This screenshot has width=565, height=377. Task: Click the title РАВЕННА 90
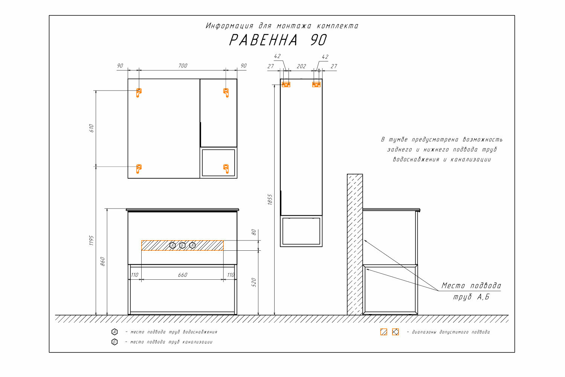(278, 40)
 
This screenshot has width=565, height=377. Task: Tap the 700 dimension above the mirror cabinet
(183, 66)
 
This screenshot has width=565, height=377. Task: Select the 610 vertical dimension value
(92, 128)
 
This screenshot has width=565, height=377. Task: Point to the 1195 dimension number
(91, 241)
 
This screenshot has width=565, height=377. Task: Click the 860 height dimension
(102, 261)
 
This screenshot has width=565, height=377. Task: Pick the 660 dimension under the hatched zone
(183, 275)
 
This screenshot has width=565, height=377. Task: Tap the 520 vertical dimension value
(254, 282)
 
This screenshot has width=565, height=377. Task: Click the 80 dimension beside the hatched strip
(254, 232)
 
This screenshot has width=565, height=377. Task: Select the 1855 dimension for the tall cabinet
(270, 199)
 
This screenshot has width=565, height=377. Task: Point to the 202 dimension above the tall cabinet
(301, 66)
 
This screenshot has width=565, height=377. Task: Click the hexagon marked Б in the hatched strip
(182, 245)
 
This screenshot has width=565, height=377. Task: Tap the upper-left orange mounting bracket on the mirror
(139, 93)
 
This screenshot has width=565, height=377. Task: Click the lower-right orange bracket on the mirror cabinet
(226, 169)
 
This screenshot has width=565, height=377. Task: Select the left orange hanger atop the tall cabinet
(286, 84)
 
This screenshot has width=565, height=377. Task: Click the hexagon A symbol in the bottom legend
(115, 332)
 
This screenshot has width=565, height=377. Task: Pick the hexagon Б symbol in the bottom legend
(115, 342)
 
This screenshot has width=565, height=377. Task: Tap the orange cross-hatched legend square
(395, 332)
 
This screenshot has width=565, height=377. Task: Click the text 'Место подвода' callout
(471, 286)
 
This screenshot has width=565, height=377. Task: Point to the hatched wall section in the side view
(355, 244)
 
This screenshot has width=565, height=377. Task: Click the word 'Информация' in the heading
(229, 26)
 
